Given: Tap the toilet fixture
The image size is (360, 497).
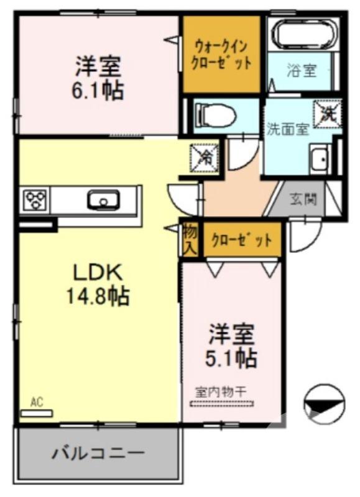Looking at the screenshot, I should click(215, 114).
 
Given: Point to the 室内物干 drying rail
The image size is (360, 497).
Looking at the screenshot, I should click(222, 403).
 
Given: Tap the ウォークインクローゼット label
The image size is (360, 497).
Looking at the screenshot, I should click(221, 54).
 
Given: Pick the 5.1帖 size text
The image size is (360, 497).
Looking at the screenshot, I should click(231, 358).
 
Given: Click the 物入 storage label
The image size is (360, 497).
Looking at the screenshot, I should click(190, 239).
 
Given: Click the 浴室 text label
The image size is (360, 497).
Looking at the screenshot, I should click(302, 70).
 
